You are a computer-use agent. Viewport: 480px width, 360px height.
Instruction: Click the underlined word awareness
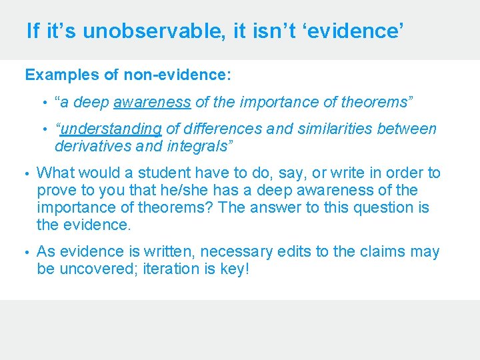[152, 102]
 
